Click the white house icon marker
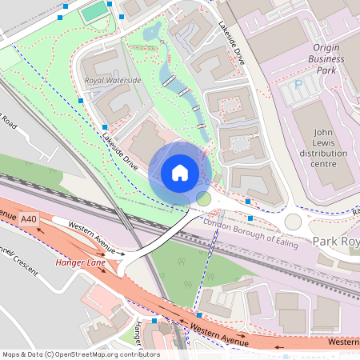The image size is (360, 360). tap(180, 172)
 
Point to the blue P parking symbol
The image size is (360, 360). tap(299, 83)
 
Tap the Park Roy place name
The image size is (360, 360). tap(334, 241)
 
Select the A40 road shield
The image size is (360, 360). tap(30, 219)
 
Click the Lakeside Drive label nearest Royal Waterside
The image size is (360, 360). tap(119, 151)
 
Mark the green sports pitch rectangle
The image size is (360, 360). tap(94, 11)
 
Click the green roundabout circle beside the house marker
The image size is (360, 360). tap(203, 198)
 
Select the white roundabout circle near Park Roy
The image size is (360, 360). tap(293, 221)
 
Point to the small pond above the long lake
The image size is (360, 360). tap(151, 33)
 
